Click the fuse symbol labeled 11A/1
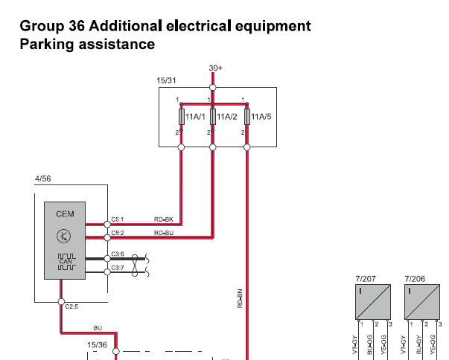[x=182, y=117]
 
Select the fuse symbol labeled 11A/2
[x=213, y=117]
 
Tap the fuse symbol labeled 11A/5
[x=247, y=117]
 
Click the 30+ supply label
[x=216, y=68]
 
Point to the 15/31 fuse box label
[x=166, y=80]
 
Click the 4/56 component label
[x=43, y=179]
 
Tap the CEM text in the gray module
[x=65, y=214]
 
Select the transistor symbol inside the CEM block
[x=64, y=237]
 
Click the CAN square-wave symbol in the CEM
[x=67, y=262]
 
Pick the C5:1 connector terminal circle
[x=107, y=225]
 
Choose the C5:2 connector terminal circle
[x=107, y=237]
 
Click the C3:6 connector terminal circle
[x=107, y=259]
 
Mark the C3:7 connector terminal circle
[x=107, y=272]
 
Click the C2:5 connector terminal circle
[x=61, y=302]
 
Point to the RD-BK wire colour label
[x=164, y=219]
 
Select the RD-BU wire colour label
[x=164, y=233]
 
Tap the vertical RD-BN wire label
[x=240, y=298]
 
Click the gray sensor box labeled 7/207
[x=373, y=302]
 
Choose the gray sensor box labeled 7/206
[x=422, y=302]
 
